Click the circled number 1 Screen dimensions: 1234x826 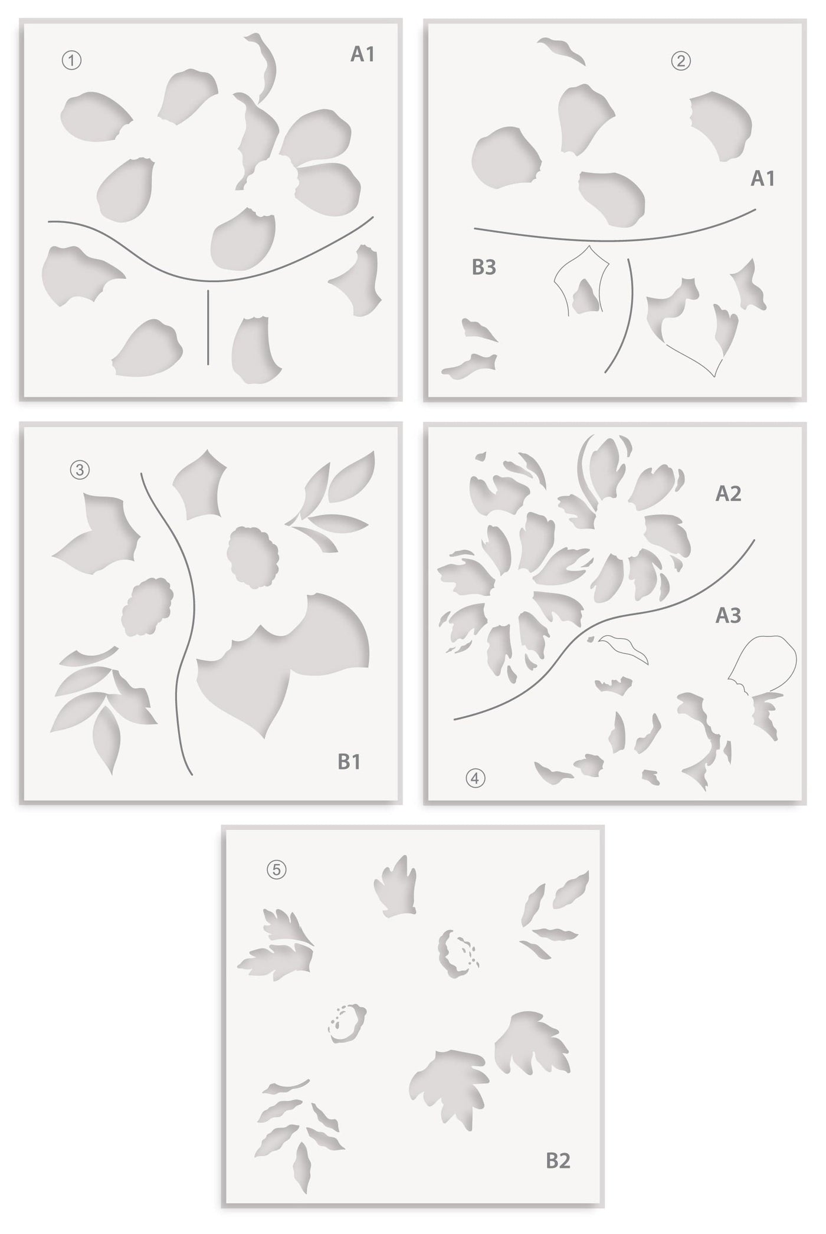coord(71,61)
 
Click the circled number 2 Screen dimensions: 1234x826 coord(681,61)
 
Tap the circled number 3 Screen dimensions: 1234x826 coord(80,470)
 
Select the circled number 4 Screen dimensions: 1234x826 coord(475,779)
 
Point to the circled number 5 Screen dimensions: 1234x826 coord(276,869)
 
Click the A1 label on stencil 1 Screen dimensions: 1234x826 coord(362,54)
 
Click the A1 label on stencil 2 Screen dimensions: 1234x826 coord(762,178)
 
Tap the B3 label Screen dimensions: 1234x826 coord(484,267)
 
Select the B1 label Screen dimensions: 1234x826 coord(349,762)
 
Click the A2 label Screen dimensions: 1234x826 coord(728,494)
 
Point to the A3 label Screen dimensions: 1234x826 coord(728,615)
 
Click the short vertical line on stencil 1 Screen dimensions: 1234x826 coord(208,327)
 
